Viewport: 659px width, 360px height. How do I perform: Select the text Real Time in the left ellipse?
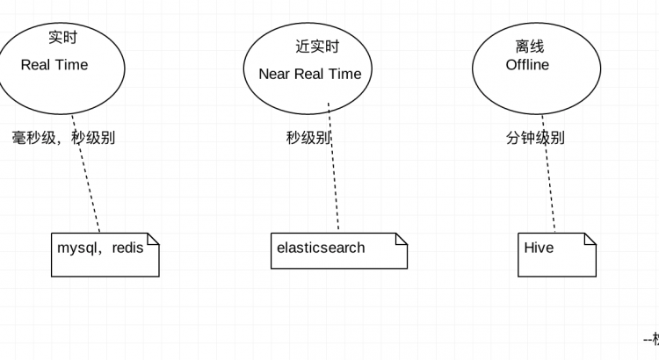tap(54, 65)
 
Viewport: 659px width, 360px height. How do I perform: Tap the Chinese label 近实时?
tap(317, 47)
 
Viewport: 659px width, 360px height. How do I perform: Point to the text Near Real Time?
tap(310, 74)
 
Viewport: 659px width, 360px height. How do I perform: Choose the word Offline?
tap(527, 65)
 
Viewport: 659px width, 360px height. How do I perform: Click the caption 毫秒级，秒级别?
tap(63, 138)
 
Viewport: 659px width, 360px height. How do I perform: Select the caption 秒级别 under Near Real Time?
tap(308, 138)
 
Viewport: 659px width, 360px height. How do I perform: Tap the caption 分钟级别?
tap(535, 138)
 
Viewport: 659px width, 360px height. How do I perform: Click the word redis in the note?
tap(127, 248)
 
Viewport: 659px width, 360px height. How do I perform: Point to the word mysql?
tap(78, 248)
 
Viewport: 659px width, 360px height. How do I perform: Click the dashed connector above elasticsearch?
tap(334, 167)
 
